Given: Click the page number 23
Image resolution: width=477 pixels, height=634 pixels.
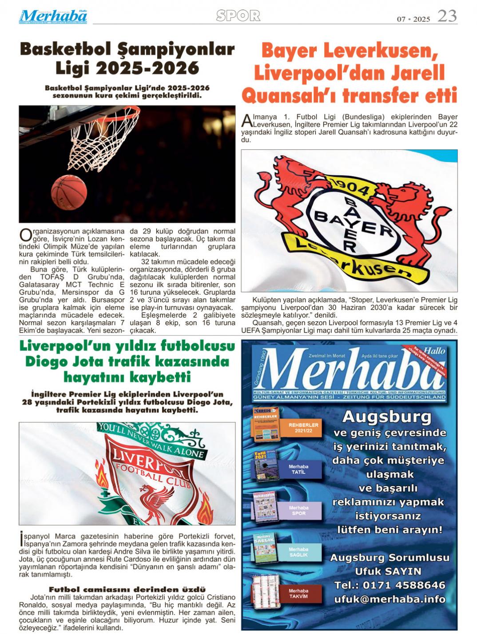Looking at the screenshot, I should click(x=447, y=16).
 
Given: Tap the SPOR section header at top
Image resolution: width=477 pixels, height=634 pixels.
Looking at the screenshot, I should click(x=238, y=16).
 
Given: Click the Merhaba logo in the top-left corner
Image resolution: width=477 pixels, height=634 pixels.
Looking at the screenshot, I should click(x=53, y=16).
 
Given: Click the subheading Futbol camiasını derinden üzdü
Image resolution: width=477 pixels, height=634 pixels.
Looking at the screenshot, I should click(x=127, y=590).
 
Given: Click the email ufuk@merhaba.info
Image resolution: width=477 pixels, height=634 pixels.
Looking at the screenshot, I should click(x=390, y=599).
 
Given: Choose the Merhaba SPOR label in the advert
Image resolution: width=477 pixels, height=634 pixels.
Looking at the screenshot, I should click(x=298, y=510).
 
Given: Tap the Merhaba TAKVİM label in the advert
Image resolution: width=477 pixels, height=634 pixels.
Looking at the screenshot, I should click(x=298, y=594).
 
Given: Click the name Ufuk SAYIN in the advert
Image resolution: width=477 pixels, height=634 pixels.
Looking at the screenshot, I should click(x=388, y=571).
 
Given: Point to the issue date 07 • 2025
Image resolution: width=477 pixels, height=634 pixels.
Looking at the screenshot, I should click(x=413, y=19).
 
